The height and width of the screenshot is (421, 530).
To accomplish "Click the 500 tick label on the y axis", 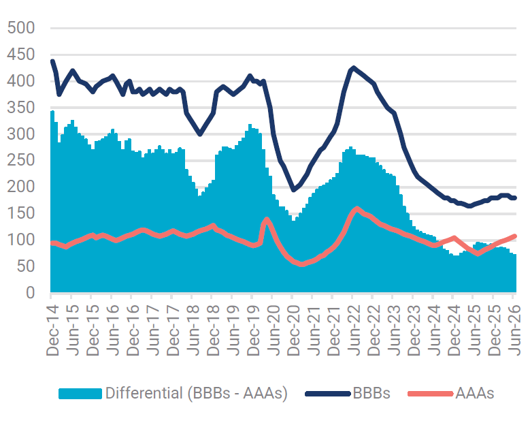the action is tap(21, 28).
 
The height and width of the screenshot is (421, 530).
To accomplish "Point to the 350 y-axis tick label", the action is tap(21, 108).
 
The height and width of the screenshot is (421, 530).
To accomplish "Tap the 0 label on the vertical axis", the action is tap(31, 293).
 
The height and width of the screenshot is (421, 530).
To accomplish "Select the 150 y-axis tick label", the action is tap(21, 213).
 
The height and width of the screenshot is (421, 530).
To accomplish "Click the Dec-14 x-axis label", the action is tap(52, 330).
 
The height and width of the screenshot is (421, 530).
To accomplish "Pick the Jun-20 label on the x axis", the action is tap(274, 330).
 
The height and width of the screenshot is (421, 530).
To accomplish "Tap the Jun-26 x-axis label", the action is tap(514, 330).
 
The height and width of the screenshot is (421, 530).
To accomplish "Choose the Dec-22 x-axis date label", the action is tap(374, 330).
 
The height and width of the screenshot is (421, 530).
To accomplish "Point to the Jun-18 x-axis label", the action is tap(193, 330).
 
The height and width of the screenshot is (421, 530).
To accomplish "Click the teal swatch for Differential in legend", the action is tap(80, 394).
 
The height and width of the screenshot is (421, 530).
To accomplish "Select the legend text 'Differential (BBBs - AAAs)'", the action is tap(197, 393).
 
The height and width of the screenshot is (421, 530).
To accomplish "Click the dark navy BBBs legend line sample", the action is tap(327, 394).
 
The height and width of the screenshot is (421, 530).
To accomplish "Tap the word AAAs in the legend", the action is tap(475, 393).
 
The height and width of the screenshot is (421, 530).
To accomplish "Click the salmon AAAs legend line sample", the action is tap(430, 394).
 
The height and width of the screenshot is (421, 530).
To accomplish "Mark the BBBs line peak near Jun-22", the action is tap(353, 68).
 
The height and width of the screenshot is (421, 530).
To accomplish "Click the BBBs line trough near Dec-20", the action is tap(293, 190).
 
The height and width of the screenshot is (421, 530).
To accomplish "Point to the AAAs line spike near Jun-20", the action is tap(267, 219).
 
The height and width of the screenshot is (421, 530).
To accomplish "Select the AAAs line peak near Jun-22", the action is tap(357, 208).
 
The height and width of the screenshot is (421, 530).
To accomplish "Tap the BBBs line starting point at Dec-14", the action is tap(52, 61).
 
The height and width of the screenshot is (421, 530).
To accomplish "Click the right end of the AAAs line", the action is tap(515, 236).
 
